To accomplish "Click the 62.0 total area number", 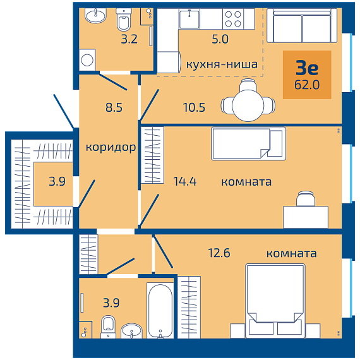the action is tap(307, 85).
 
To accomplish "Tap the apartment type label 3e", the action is tap(307, 68).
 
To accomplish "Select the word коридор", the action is tap(111, 147).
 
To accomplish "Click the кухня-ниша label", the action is tap(222, 64).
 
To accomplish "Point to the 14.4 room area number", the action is tap(185, 181).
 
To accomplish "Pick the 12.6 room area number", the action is tap(219, 253).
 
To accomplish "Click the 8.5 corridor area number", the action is tap(114, 107).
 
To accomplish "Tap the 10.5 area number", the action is tap(194, 107).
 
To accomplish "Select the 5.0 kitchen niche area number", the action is tap(220, 39).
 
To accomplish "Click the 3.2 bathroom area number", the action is tap(129, 39).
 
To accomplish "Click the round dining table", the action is tap(248, 105).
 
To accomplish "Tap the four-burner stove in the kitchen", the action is tap(233, 19).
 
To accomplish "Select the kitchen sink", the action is tap(189, 19).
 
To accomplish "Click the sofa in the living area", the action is tap(302, 25).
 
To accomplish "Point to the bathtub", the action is tap(160, 310).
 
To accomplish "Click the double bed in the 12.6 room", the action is tap(275, 301).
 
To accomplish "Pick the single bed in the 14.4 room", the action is tap(248, 143).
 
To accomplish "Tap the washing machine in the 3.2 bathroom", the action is tap(87, 60).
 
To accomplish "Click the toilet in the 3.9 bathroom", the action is tap(109, 327).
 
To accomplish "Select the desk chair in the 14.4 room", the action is tap(306, 198).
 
